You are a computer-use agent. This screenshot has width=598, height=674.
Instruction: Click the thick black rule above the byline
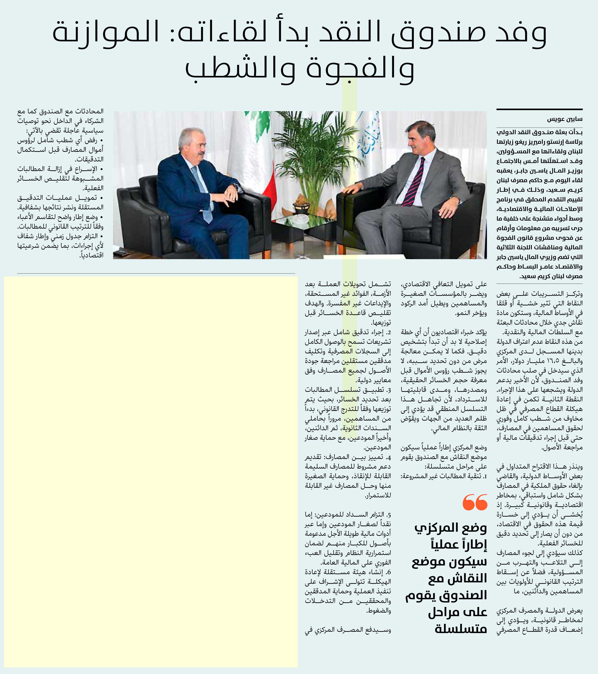[539, 109]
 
